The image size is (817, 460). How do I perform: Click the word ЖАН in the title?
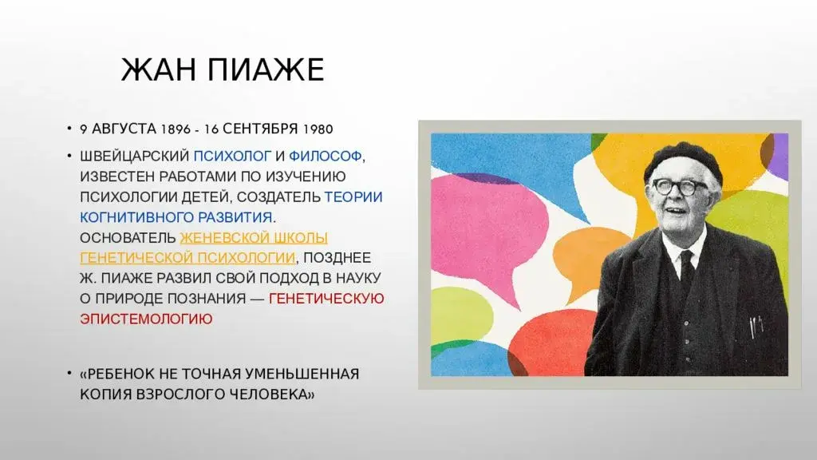click(155, 70)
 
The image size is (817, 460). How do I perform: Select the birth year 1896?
click(177, 129)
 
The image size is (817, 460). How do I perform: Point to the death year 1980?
click(316, 129)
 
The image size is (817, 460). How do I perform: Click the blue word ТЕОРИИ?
click(353, 196)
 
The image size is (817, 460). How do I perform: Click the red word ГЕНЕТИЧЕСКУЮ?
click(327, 299)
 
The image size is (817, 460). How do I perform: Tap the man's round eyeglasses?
click(678, 187)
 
